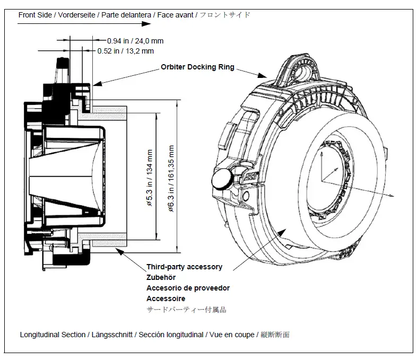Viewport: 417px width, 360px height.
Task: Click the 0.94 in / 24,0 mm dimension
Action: point(135,40)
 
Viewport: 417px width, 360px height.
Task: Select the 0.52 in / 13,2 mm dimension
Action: point(126,51)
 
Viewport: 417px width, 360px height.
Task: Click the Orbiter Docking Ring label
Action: point(197,68)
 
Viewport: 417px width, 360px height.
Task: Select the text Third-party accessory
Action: point(184,267)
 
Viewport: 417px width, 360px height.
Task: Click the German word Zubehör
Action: point(161,277)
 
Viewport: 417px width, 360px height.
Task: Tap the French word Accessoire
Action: point(166,298)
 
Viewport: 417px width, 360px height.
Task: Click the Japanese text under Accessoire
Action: point(186,310)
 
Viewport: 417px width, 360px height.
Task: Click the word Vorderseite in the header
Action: point(75,15)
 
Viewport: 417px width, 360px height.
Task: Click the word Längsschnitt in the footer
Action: point(110,335)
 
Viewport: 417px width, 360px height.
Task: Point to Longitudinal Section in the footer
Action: point(53,335)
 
